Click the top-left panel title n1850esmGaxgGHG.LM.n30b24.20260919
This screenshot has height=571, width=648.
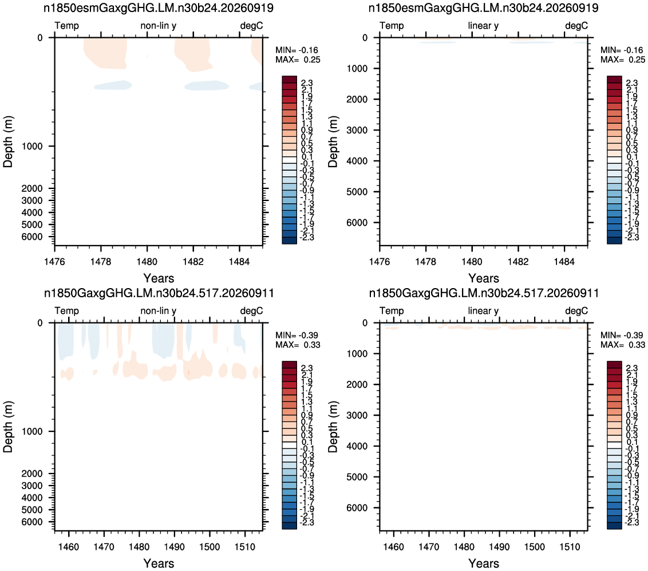click(159, 7)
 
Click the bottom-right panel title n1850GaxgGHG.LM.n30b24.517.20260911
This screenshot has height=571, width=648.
click(484, 293)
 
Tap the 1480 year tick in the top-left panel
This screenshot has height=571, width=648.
click(147, 261)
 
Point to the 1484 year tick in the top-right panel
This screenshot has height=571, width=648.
click(564, 261)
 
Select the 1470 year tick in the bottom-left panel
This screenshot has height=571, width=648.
click(104, 546)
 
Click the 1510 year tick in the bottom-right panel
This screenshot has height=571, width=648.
click(570, 546)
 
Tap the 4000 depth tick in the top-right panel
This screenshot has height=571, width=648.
click(357, 161)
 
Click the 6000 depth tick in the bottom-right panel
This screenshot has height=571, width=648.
click(357, 507)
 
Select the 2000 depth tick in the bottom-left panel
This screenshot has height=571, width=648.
click(32, 474)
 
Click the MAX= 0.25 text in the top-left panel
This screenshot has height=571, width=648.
click(298, 60)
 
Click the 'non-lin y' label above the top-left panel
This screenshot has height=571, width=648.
click(159, 26)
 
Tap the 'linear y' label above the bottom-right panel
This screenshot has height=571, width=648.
click(483, 310)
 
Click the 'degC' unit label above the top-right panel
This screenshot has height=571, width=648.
click(576, 26)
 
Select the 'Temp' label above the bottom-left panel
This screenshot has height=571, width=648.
click(66, 310)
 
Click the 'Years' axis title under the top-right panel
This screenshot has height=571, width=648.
click(484, 278)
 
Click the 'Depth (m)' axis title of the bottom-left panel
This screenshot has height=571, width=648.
click(7, 426)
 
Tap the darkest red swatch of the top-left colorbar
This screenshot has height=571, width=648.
click(289, 80)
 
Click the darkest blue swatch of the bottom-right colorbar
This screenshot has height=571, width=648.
click(615, 526)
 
